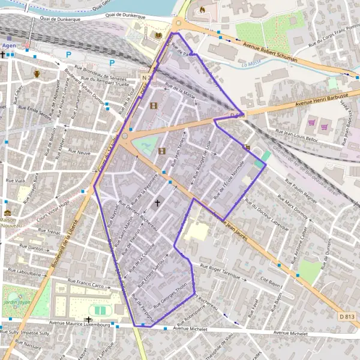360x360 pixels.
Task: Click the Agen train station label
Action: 9,45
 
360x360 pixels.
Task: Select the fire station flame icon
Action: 202,10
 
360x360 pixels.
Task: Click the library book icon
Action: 158,35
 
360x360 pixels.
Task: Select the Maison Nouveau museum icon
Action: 7,213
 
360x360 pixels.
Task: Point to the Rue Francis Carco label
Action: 89,282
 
